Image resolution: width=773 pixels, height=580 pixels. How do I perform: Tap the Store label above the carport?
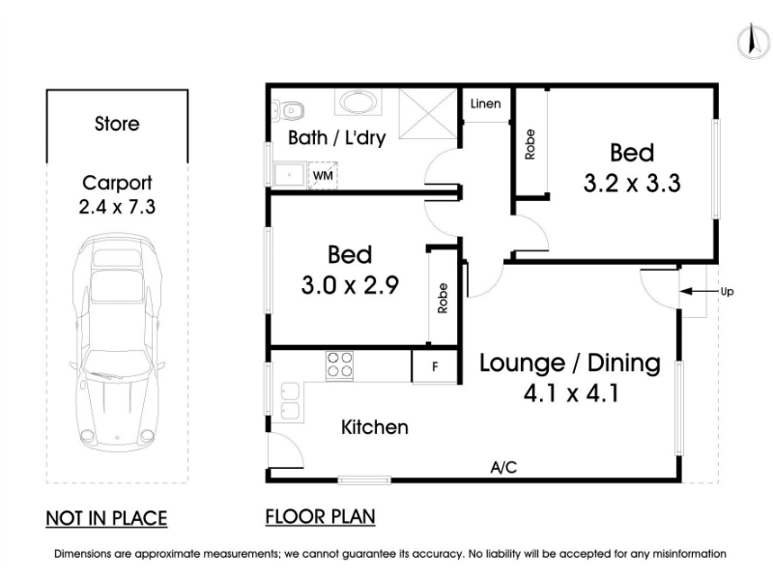117,124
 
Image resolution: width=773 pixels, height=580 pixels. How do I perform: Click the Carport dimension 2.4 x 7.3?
117,206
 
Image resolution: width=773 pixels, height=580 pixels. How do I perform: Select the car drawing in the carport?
117,343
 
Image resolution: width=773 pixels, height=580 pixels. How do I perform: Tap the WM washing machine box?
323,175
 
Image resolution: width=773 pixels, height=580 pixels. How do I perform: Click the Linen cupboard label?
486,103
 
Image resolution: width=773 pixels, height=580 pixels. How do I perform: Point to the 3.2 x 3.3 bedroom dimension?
632,183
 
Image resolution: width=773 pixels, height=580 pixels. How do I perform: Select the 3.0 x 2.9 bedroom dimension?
350,285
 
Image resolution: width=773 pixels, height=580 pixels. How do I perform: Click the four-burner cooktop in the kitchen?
340,365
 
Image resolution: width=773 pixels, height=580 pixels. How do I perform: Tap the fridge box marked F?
435,366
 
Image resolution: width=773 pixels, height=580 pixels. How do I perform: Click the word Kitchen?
375,427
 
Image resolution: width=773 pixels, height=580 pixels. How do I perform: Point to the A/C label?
503,467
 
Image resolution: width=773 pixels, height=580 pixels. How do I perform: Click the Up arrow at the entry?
699,292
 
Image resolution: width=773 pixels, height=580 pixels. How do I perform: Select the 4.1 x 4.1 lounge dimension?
571,393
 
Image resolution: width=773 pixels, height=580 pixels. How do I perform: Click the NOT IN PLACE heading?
106,518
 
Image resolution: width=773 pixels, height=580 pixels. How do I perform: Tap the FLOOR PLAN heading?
321,517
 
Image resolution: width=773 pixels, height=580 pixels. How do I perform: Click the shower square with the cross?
428,114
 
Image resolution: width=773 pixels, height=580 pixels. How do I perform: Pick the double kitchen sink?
290,401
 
